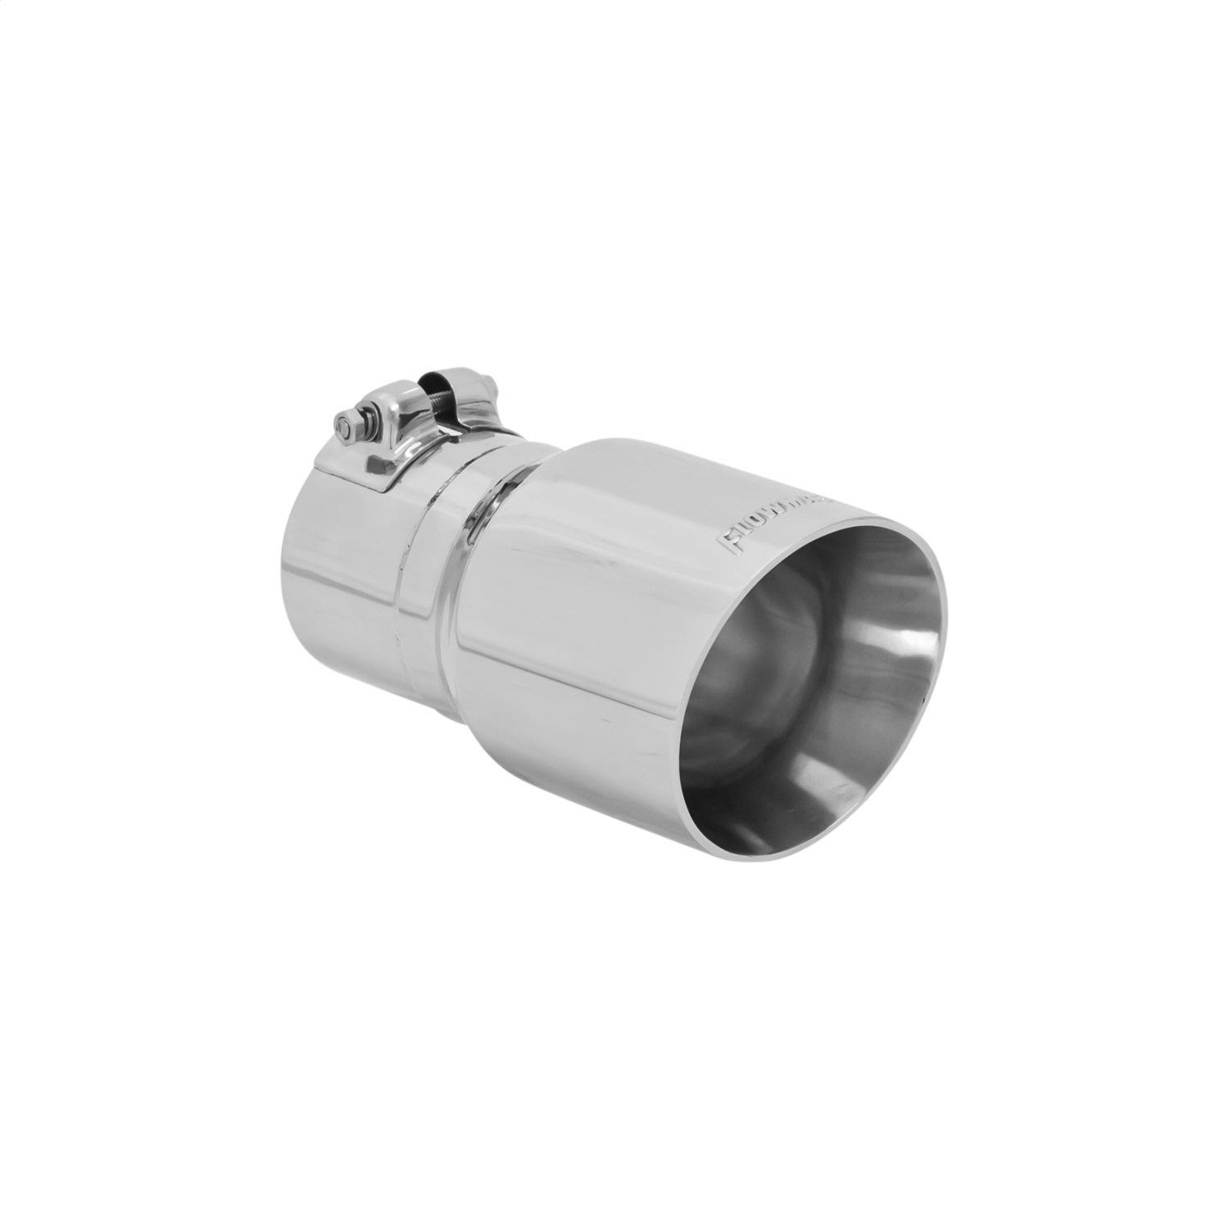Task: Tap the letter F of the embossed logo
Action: tap(726, 544)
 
